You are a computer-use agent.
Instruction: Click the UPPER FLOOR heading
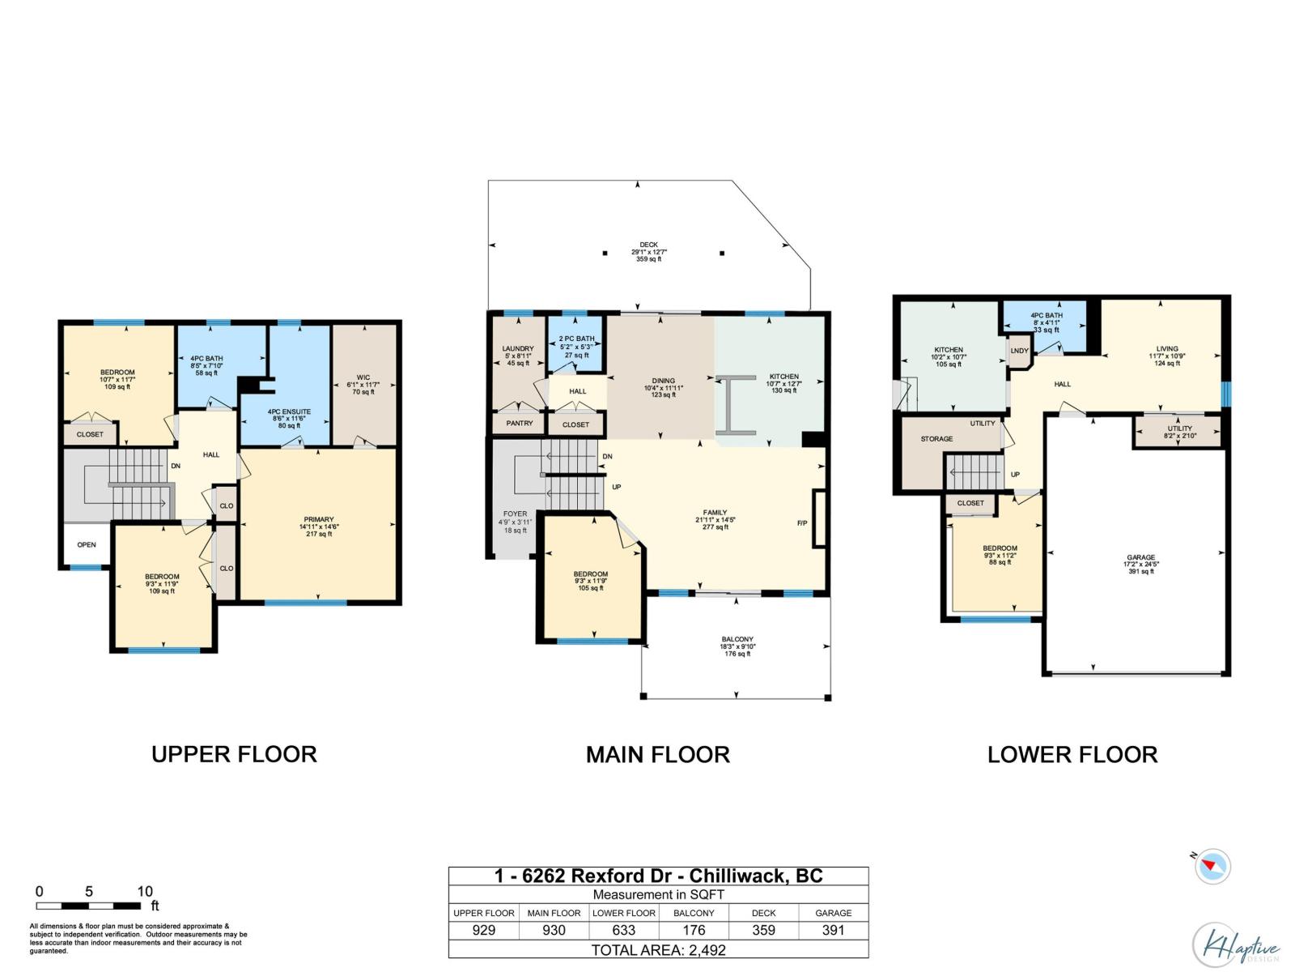pyautogui.click(x=234, y=754)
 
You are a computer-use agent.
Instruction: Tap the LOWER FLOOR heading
pyautogui.click(x=1072, y=755)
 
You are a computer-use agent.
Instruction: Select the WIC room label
pyautogui.click(x=363, y=377)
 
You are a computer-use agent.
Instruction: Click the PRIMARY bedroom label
pyautogui.click(x=319, y=520)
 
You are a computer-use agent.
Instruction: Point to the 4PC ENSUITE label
pyautogui.click(x=289, y=412)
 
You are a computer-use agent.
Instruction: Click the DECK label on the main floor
pyautogui.click(x=648, y=245)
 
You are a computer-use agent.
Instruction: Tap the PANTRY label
pyautogui.click(x=519, y=424)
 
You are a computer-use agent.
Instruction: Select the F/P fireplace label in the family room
pyautogui.click(x=802, y=523)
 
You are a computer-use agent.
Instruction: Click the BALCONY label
pyautogui.click(x=737, y=639)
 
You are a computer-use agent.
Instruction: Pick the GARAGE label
pyautogui.click(x=1140, y=558)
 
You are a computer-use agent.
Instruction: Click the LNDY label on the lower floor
pyautogui.click(x=1019, y=351)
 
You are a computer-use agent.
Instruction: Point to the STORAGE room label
pyautogui.click(x=936, y=439)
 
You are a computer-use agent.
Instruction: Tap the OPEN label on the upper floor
pyautogui.click(x=87, y=545)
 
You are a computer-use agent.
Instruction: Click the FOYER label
pyautogui.click(x=515, y=514)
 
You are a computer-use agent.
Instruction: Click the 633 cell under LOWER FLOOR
pyautogui.click(x=624, y=931)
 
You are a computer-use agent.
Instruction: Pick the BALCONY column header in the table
pyautogui.click(x=694, y=913)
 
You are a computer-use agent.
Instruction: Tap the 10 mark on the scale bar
pyautogui.click(x=144, y=892)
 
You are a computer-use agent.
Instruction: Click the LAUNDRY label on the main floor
pyautogui.click(x=518, y=349)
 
